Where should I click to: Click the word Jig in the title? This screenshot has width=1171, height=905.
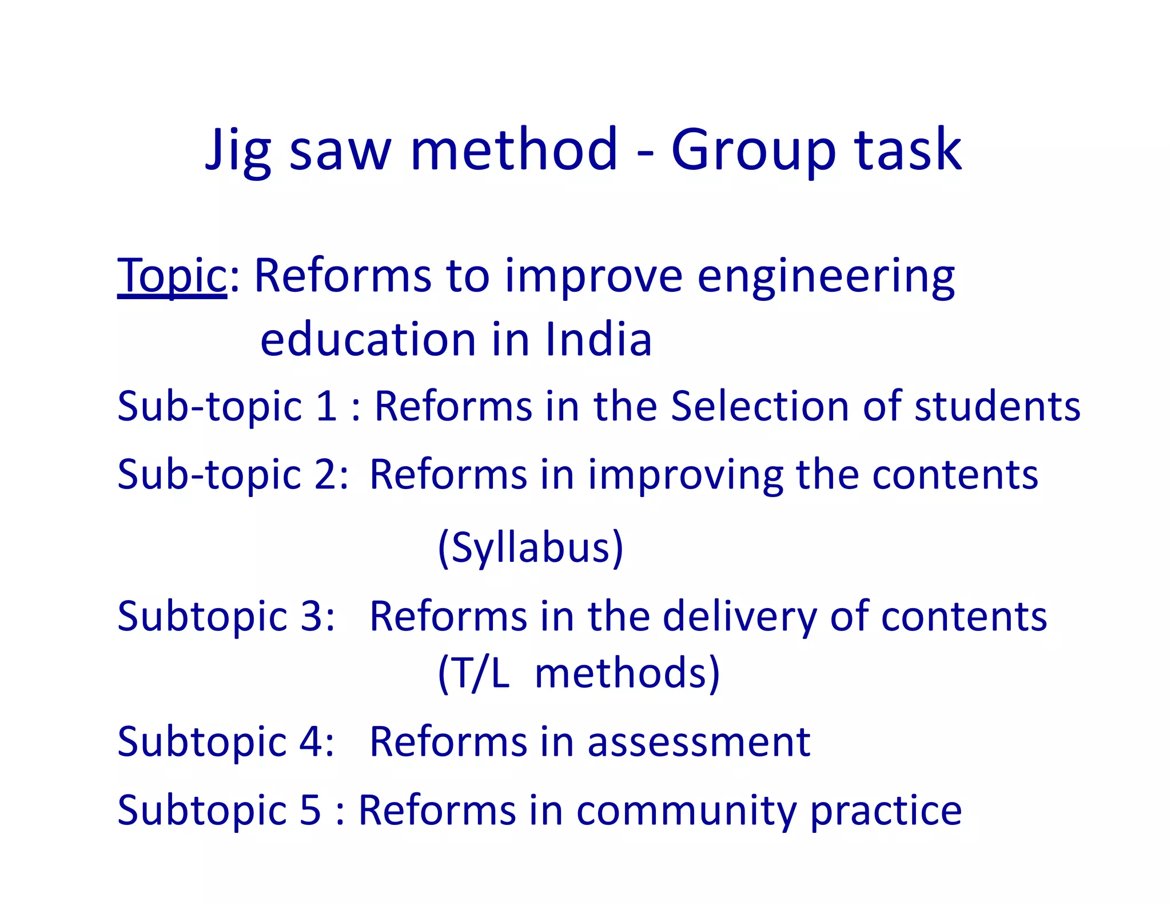(x=238, y=150)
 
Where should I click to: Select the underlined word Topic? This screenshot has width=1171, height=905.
(x=172, y=276)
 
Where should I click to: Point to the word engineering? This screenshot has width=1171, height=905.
(x=826, y=277)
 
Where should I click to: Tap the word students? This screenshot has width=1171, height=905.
(x=997, y=406)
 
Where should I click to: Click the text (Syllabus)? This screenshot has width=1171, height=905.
(x=530, y=547)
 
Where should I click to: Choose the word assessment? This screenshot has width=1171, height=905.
(x=699, y=742)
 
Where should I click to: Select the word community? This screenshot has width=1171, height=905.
(x=686, y=811)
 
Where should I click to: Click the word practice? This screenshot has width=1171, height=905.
(x=886, y=811)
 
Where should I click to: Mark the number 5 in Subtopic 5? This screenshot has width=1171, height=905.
(x=310, y=810)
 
